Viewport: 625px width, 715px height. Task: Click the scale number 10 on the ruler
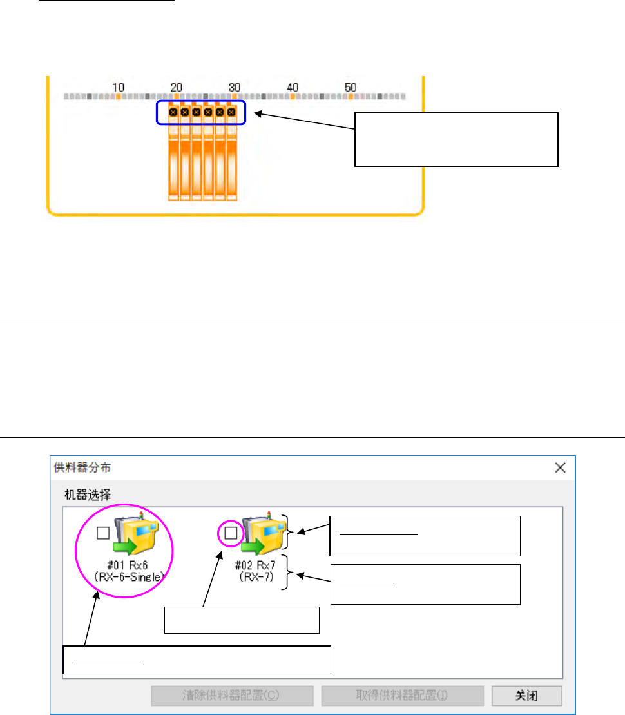(x=119, y=87)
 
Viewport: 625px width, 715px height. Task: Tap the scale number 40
(x=293, y=87)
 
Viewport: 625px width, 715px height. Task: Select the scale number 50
(x=351, y=87)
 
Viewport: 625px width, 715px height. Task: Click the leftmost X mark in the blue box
(x=173, y=112)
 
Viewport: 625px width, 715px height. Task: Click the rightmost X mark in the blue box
(x=231, y=112)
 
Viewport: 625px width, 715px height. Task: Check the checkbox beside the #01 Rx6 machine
(x=102, y=533)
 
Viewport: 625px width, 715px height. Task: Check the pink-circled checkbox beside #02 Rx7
(x=231, y=533)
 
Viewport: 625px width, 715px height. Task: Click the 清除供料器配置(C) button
(x=232, y=696)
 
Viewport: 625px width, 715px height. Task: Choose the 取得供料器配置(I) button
(x=402, y=696)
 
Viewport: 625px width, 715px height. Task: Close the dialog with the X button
(x=561, y=467)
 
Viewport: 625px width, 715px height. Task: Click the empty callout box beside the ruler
(x=456, y=139)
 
